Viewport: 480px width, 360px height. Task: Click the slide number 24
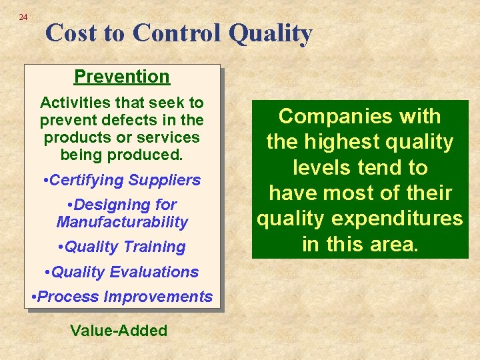pyautogui.click(x=23, y=17)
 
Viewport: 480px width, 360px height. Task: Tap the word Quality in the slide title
pyautogui.click(x=271, y=33)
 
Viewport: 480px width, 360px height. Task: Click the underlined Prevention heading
pyautogui.click(x=122, y=77)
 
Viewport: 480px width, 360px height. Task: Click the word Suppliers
pyautogui.click(x=165, y=180)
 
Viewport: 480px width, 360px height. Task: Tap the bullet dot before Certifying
pyautogui.click(x=44, y=181)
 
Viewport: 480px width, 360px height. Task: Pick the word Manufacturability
pyautogui.click(x=122, y=222)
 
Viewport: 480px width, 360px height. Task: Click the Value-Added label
pyautogui.click(x=119, y=331)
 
